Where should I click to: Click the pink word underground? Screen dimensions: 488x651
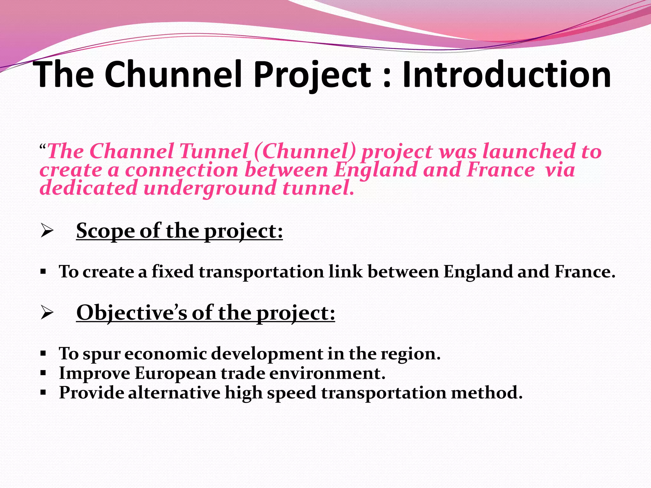click(210, 188)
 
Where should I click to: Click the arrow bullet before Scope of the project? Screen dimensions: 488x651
click(47, 232)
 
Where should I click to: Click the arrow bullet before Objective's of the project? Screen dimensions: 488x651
click(47, 314)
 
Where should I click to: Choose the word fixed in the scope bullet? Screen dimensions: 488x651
click(173, 272)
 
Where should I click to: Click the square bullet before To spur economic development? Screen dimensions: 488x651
click(44, 353)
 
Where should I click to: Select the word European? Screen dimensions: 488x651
click(175, 373)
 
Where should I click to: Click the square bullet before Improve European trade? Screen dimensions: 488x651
click(44, 373)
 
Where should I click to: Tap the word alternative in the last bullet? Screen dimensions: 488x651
click(174, 393)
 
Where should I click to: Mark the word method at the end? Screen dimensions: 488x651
click(486, 393)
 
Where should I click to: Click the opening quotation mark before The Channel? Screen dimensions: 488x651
click(43, 147)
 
